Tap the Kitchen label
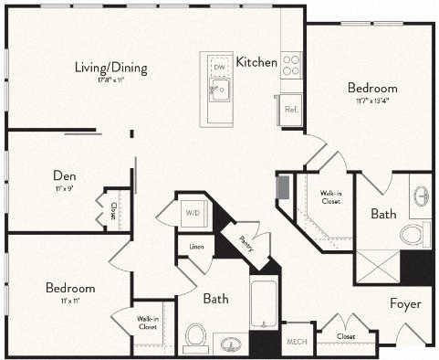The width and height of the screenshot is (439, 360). tap(256, 62)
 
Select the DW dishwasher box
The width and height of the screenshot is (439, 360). tap(219, 67)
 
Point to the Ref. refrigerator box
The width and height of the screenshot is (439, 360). tap(291, 108)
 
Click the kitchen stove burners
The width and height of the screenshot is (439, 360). tap(292, 64)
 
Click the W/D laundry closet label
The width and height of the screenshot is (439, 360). tap(193, 214)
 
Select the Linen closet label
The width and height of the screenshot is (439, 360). tap(196, 247)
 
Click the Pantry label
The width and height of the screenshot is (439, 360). tap(245, 243)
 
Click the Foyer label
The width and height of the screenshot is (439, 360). tap(404, 303)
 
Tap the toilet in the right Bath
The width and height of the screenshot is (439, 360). tap(413, 234)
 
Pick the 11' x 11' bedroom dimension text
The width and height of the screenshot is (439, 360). tap(69, 299)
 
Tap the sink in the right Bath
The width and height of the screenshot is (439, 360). tap(421, 196)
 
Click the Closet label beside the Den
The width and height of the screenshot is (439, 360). tap(112, 212)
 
